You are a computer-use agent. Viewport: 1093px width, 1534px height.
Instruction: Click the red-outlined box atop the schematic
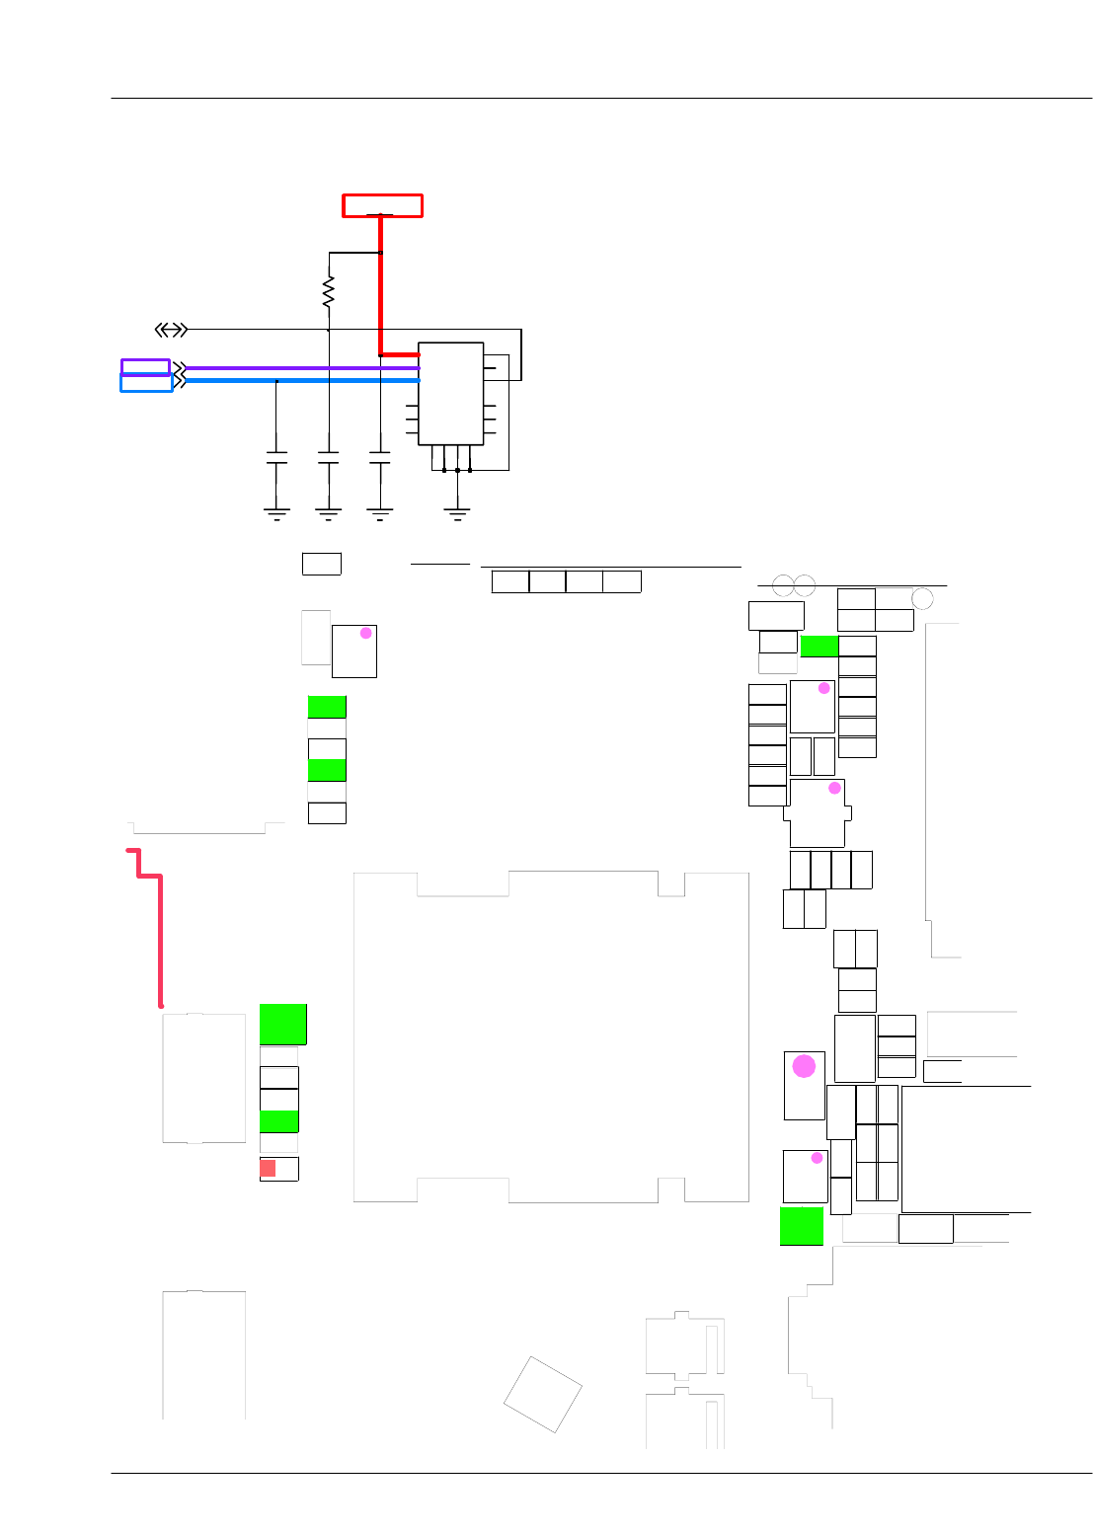coord(382,205)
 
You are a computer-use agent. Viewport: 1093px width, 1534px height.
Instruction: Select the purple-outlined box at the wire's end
coord(145,367)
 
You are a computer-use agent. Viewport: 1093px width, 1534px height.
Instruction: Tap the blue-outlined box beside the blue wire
coord(146,383)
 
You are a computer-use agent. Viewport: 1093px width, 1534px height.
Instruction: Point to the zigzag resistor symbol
coord(329,291)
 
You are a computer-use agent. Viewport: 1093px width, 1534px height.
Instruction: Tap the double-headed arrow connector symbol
coord(171,329)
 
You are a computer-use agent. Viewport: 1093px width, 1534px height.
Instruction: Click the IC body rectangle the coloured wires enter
coord(450,394)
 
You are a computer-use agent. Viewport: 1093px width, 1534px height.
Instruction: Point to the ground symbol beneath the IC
coord(456,511)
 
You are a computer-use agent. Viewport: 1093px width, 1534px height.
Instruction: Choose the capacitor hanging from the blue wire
coord(276,458)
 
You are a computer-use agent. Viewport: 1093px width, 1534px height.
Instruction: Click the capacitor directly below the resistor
coord(328,458)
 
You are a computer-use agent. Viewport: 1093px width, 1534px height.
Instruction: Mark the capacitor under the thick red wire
coord(379,458)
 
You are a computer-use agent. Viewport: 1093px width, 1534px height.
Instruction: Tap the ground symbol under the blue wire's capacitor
coord(276,511)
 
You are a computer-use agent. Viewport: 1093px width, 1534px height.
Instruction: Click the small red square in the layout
coord(268,1169)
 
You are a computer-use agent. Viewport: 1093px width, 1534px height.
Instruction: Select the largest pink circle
coord(805,1066)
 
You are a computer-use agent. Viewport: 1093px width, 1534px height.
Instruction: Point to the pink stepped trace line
coord(159,928)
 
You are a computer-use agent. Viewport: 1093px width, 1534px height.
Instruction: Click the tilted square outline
coord(542,1394)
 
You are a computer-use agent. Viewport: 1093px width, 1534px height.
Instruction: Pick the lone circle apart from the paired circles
coord(922,598)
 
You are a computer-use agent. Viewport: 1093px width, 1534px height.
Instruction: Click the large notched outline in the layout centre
coord(551,1036)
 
